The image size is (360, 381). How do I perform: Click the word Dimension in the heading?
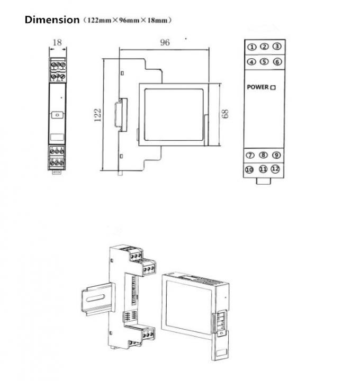[52, 20]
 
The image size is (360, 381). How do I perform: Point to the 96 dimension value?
[165, 42]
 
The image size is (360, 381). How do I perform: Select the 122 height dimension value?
[97, 115]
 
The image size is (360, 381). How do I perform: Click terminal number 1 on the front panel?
[252, 47]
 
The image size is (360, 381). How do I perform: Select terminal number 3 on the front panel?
[276, 47]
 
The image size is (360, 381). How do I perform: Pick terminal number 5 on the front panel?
[264, 61]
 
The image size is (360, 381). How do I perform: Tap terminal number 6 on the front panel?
[276, 61]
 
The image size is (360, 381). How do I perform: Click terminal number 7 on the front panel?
[251, 156]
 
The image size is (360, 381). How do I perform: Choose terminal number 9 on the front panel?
[276, 155]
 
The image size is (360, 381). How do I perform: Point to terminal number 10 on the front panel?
[250, 169]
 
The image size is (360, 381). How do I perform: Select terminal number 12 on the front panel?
[275, 169]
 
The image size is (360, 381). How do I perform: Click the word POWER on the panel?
[258, 87]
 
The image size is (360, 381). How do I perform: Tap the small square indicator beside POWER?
[273, 87]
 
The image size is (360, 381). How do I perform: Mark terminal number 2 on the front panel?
[264, 47]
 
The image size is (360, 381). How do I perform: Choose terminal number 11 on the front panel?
[263, 169]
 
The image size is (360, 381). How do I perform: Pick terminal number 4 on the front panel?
[252, 62]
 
